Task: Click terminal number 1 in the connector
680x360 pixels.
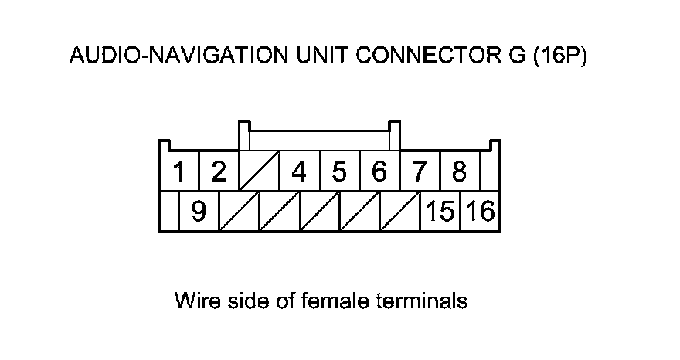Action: click(x=179, y=172)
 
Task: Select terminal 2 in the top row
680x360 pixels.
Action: click(x=219, y=172)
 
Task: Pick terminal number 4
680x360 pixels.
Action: click(x=299, y=172)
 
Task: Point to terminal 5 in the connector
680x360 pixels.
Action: click(x=339, y=172)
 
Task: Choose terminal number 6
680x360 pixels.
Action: click(x=379, y=172)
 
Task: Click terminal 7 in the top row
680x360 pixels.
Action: click(x=419, y=172)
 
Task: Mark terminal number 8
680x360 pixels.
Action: click(x=459, y=172)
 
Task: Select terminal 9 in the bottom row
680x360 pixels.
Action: click(x=199, y=211)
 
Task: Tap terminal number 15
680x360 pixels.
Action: click(x=440, y=211)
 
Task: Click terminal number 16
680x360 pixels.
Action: click(x=481, y=211)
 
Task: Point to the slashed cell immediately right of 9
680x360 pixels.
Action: click(x=239, y=211)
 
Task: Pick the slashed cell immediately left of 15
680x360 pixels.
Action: click(x=399, y=211)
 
